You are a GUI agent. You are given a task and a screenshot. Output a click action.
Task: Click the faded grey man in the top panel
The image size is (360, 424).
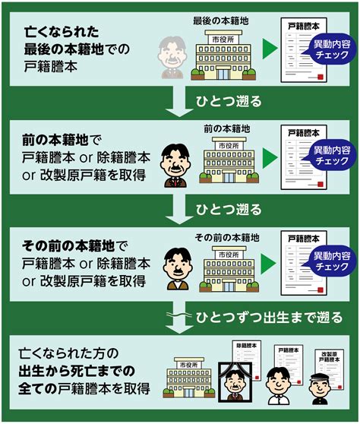tap(172, 58)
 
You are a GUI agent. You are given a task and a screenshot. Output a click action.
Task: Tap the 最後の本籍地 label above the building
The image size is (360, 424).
tap(220, 21)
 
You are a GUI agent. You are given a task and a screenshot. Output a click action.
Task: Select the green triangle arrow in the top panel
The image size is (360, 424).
tap(270, 49)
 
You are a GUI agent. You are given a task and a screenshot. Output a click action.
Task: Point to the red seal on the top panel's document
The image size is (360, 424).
tap(320, 77)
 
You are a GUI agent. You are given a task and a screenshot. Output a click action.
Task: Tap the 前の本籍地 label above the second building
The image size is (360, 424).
tap(227, 129)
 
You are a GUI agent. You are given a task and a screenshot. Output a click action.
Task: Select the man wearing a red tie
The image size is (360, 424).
tap(175, 166)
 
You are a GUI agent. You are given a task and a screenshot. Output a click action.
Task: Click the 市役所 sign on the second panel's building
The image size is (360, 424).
tap(229, 146)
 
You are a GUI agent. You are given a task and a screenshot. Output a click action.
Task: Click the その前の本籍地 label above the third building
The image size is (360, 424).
tap(227, 238)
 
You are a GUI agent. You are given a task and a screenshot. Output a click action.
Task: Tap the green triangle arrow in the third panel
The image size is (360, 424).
tap(268, 264)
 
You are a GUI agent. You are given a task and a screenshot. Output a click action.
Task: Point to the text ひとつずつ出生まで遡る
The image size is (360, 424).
tap(269, 317)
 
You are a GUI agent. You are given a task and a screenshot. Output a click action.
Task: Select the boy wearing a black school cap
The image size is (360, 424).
tap(320, 389)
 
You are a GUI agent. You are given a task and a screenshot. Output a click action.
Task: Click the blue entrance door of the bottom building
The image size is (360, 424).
tap(188, 392)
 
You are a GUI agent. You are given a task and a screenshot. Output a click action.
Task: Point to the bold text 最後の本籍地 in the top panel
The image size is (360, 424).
tap(64, 49)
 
